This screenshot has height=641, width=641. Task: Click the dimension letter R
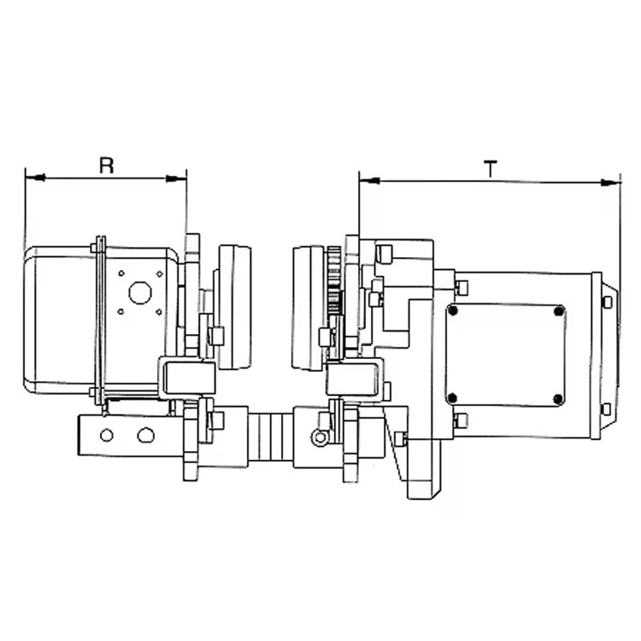coord(107,165)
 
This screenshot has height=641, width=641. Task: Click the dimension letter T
coord(490,169)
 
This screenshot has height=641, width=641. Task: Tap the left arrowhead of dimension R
coord(34,178)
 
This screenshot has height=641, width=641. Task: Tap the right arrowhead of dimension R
coord(176,178)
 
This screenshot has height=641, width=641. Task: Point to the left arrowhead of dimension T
coord(369,180)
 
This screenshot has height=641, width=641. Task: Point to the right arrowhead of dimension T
coord(611,183)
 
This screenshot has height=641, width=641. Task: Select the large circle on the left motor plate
coord(140,292)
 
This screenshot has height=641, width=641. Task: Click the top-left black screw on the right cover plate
coord(453,311)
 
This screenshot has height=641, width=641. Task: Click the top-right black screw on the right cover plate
coord(558,312)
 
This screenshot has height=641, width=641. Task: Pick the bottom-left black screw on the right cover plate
coord(453,397)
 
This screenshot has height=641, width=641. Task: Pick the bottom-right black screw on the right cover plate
coord(558,398)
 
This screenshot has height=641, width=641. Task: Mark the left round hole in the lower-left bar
coord(107,435)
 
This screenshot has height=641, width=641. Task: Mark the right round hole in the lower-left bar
coord(146,435)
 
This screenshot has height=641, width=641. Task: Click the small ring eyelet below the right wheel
coord(320,437)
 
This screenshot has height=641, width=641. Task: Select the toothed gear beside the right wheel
coord(333,281)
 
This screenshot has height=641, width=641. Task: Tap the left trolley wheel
coord(234,307)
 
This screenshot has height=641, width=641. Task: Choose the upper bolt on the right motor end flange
coord(607,303)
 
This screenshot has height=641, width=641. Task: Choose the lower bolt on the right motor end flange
coord(607,409)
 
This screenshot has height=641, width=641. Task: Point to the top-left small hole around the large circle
coord(121,273)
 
